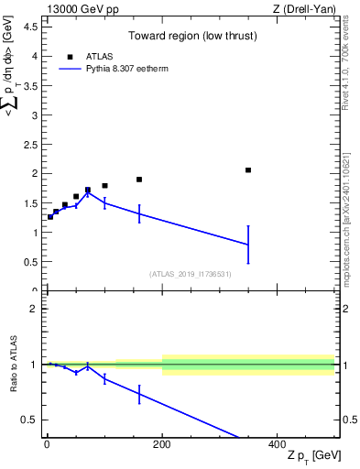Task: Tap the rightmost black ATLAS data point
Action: point(248,170)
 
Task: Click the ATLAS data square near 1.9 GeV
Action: point(139,180)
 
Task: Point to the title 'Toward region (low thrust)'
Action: point(180,37)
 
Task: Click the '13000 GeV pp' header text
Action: point(77,9)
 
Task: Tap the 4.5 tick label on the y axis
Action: point(31,27)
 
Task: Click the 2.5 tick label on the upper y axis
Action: point(31,144)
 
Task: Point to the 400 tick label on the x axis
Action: point(277,446)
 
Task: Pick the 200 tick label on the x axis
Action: point(162,446)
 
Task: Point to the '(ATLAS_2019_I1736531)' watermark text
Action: point(190,274)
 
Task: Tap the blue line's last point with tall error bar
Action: point(248,245)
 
